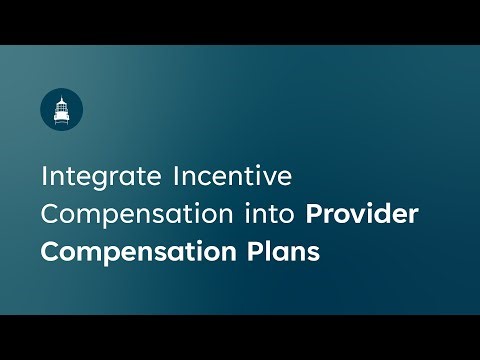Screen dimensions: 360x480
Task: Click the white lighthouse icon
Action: pyautogui.click(x=62, y=108)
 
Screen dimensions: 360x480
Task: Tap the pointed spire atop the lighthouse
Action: pyautogui.click(x=62, y=96)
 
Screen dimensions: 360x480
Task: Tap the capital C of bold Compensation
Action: pyautogui.click(x=50, y=249)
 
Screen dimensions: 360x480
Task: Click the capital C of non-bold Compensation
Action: pyautogui.click(x=49, y=214)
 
